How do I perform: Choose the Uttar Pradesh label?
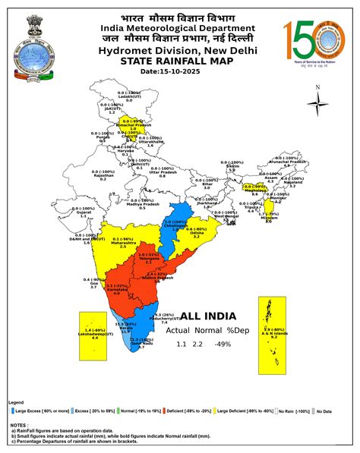point(163,171)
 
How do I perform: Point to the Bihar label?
point(207,183)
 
